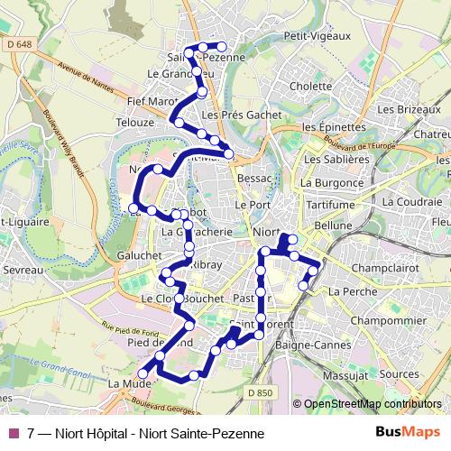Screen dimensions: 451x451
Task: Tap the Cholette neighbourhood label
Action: pyautogui.click(x=311, y=87)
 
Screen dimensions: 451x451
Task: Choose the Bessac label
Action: pyautogui.click(x=254, y=179)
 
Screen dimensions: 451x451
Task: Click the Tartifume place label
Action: pyautogui.click(x=330, y=205)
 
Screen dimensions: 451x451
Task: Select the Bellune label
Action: pyautogui.click(x=334, y=225)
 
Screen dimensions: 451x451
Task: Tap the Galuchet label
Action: pyautogui.click(x=139, y=255)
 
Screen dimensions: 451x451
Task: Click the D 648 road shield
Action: pyautogui.click(x=17, y=43)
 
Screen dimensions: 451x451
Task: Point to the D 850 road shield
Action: pyautogui.click(x=259, y=392)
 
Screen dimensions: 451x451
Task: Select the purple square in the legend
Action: pyautogui.click(x=13, y=433)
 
